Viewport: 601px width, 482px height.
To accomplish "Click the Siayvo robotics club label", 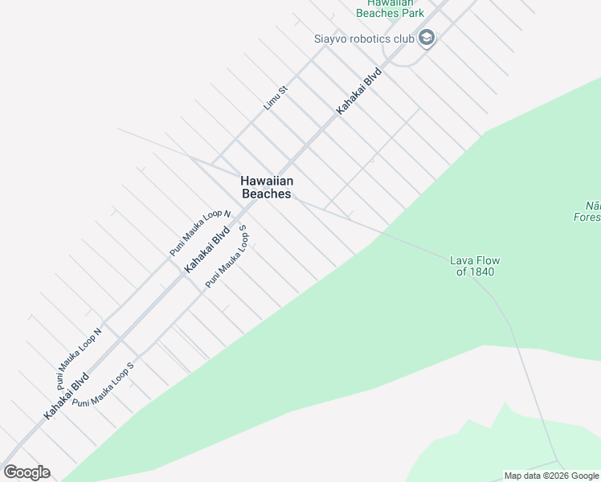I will tap(363, 39).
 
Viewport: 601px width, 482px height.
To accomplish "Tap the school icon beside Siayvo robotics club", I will tap(427, 39).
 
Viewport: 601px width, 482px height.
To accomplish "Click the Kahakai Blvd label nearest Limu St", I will tap(358, 90).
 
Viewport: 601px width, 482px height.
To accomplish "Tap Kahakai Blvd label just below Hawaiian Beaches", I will tap(208, 249).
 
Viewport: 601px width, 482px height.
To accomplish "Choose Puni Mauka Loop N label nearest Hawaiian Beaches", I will tap(200, 232).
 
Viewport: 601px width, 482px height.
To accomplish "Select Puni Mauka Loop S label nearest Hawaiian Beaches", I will tap(227, 256).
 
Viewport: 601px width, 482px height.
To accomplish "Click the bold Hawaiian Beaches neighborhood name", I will tap(266, 187).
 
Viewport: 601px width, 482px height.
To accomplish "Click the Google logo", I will tap(27, 472).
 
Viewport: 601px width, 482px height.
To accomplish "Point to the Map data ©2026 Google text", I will tap(551, 476).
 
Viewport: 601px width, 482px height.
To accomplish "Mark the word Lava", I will tap(460, 260).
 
